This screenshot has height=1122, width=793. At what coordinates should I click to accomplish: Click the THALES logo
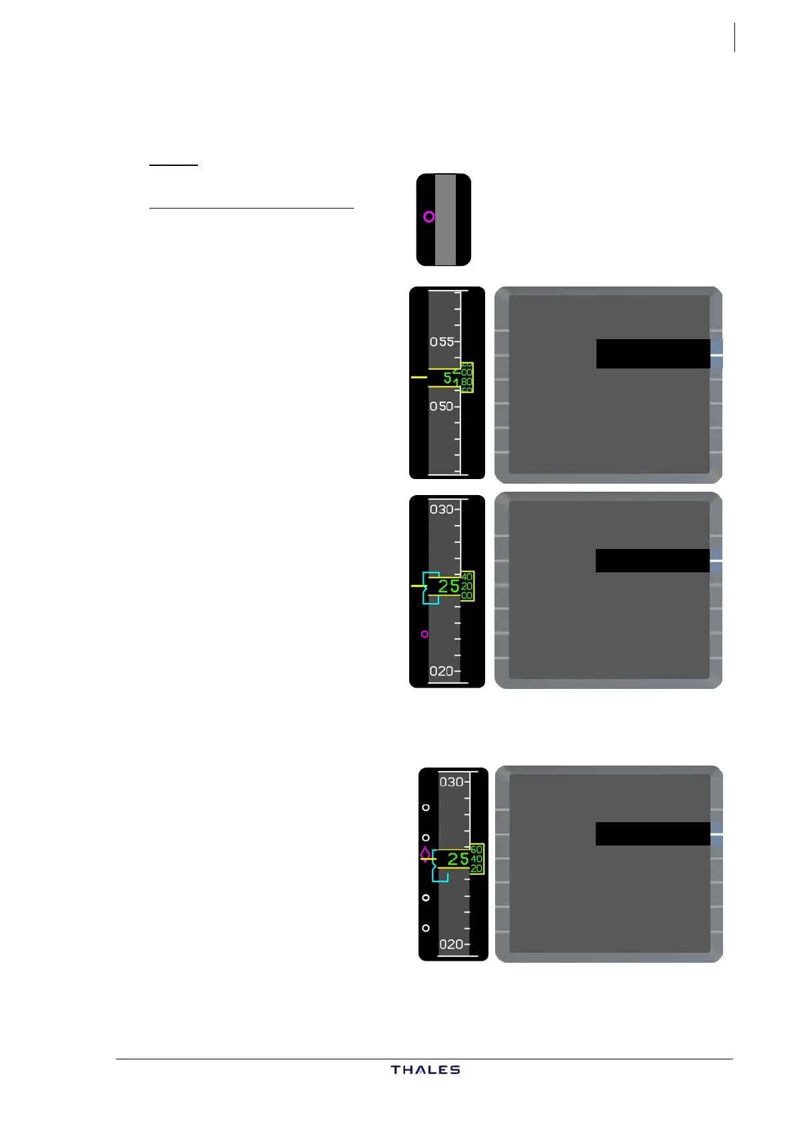425,1069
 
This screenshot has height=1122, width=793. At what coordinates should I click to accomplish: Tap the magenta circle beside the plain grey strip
429,217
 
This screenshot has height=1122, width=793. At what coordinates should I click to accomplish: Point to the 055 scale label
442,342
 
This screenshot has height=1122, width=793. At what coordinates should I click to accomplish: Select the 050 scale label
442,406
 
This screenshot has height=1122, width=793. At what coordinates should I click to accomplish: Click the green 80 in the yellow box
466,382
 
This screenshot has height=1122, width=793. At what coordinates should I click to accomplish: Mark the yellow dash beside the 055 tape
418,377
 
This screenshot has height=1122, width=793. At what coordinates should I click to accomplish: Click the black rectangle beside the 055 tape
652,354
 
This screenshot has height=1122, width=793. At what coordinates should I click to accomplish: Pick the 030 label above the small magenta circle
441,510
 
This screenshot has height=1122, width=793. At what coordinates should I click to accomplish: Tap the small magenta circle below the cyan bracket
424,634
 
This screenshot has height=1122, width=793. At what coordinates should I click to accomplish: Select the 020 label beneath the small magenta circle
441,671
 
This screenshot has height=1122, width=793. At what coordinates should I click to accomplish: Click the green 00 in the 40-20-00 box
466,596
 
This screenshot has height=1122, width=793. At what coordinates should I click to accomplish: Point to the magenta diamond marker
425,853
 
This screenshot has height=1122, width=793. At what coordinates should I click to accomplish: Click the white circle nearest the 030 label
426,808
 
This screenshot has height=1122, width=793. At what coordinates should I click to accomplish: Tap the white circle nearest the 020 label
426,928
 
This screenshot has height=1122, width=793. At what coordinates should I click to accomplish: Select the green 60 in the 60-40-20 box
476,849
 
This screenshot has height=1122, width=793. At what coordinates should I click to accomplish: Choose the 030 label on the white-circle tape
451,782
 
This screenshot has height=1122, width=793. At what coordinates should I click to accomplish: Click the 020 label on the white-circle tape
451,944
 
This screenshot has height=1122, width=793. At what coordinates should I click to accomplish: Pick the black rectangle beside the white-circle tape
652,834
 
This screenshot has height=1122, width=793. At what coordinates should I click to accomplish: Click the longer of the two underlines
251,208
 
